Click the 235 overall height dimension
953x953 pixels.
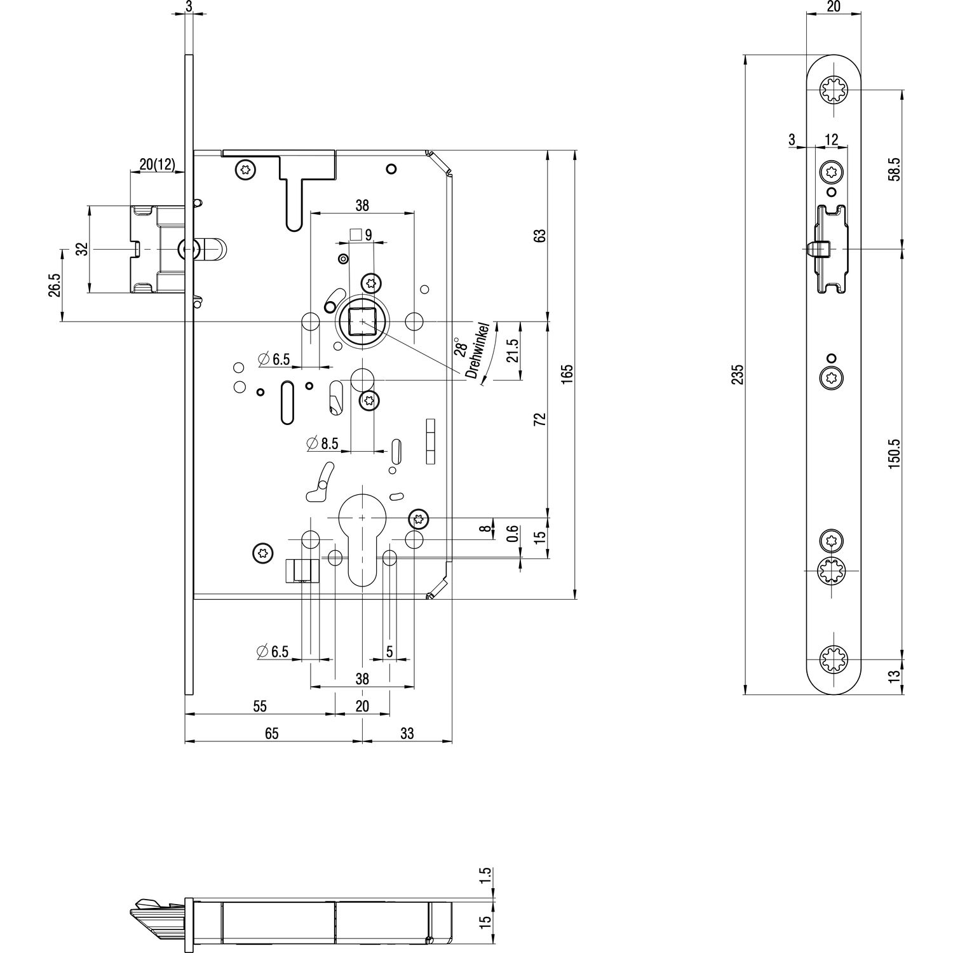pos(738,375)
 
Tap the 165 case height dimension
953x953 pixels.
pos(568,372)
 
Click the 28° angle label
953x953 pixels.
pos(461,348)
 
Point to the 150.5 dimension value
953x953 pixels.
pos(894,453)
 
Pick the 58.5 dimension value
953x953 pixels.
pos(894,170)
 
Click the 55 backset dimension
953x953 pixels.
pos(259,706)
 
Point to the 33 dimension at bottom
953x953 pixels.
pos(407,733)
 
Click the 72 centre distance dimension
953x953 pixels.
pos(540,420)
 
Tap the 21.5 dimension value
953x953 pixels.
pos(513,350)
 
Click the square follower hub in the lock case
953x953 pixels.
pos(362,321)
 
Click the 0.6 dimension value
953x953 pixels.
pos(513,534)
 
